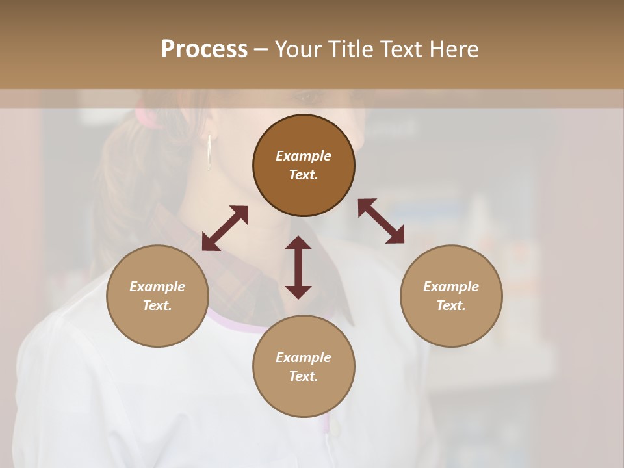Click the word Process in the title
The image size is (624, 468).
[204, 49]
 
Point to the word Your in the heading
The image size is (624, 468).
[298, 49]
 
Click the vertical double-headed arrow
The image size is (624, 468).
[298, 267]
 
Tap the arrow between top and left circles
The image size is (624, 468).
[225, 228]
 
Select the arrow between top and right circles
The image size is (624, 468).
[381, 221]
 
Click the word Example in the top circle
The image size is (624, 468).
[304, 156]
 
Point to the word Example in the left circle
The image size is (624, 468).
[157, 287]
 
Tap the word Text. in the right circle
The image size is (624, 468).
[451, 305]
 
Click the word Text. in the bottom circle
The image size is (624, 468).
[304, 376]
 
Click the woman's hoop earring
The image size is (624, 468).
[209, 153]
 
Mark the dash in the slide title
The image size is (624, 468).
[261, 49]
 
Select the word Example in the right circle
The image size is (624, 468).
[451, 287]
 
